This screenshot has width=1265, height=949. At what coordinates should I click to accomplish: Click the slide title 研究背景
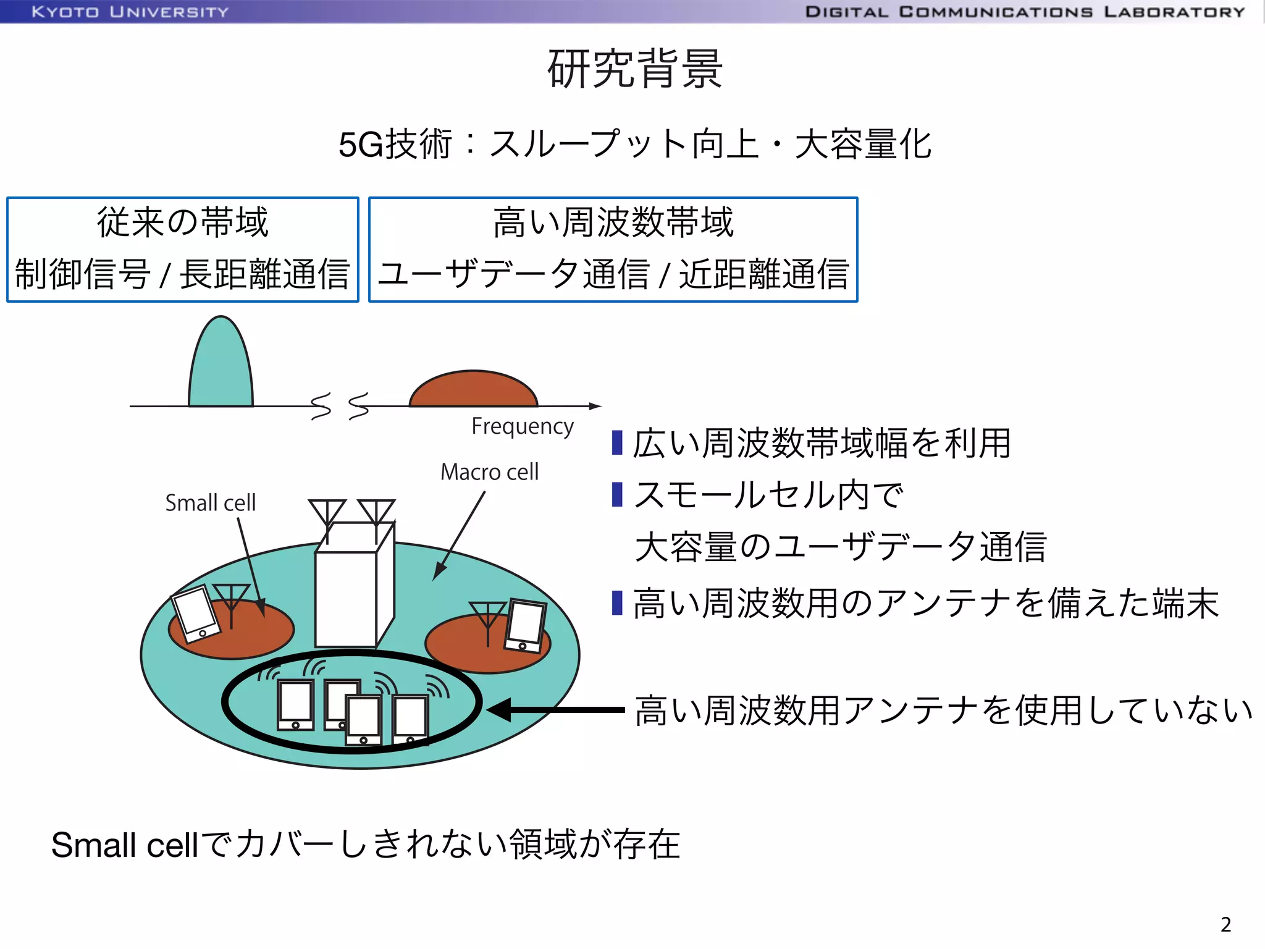tap(634, 69)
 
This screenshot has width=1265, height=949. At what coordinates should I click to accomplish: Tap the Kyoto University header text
tap(130, 12)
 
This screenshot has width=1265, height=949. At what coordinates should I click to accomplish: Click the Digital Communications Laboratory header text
tap(1025, 12)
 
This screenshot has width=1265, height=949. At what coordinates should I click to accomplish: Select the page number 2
tap(1225, 924)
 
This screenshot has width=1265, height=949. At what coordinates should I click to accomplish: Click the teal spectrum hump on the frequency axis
tap(221, 371)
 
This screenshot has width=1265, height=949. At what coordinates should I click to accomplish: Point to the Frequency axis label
tap(522, 426)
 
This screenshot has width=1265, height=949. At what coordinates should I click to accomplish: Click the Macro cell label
tap(489, 472)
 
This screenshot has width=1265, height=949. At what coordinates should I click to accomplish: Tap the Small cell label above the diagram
tap(210, 503)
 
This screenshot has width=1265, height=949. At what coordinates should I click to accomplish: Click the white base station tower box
tap(346, 596)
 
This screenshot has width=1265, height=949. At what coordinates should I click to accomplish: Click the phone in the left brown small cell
tap(196, 614)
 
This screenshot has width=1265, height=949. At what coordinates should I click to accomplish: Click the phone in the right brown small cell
tap(526, 625)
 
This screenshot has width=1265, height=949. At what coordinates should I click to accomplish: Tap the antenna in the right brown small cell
tap(488, 618)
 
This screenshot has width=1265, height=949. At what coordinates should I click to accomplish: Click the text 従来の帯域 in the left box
tap(182, 222)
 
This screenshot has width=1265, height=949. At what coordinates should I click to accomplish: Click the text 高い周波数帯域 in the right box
tap(613, 222)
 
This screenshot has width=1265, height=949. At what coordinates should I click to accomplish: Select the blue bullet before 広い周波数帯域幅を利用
tap(616, 443)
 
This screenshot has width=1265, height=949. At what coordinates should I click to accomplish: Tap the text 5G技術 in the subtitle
tap(395, 145)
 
